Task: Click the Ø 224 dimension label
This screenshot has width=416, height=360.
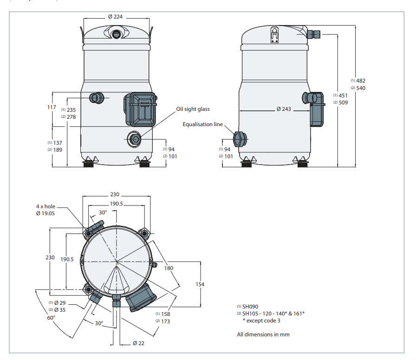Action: pyautogui.click(x=116, y=17)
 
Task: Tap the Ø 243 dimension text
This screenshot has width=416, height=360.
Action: pyautogui.click(x=284, y=109)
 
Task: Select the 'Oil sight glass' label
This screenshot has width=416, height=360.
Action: pyautogui.click(x=193, y=109)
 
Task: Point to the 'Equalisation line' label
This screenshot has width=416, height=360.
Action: pyautogui.click(x=203, y=124)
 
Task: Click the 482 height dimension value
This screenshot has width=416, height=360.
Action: pyautogui.click(x=361, y=81)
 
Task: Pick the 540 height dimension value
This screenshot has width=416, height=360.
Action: pyautogui.click(x=361, y=88)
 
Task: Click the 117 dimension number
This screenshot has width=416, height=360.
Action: pyautogui.click(x=52, y=107)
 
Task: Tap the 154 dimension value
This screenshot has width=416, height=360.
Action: pyautogui.click(x=200, y=284)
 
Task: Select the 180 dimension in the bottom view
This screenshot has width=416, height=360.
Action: pyautogui.click(x=169, y=268)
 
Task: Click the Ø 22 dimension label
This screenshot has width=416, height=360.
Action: pyautogui.click(x=138, y=343)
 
